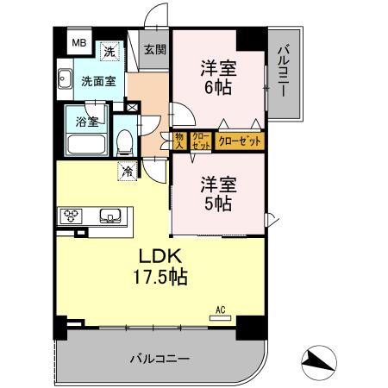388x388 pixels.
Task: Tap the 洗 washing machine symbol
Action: (110, 51)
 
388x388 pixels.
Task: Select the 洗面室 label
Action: (97, 82)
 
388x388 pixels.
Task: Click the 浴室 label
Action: (85, 122)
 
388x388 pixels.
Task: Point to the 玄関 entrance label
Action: (156, 50)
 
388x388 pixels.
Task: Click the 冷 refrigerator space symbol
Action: (128, 171)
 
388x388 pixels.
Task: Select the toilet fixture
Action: (125, 141)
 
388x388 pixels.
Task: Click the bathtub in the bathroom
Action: (84, 144)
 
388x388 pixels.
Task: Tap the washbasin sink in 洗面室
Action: (65, 82)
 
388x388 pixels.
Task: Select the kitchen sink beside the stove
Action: (109, 216)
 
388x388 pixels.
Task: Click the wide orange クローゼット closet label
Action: (240, 141)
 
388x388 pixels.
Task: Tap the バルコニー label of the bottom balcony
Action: (160, 357)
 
